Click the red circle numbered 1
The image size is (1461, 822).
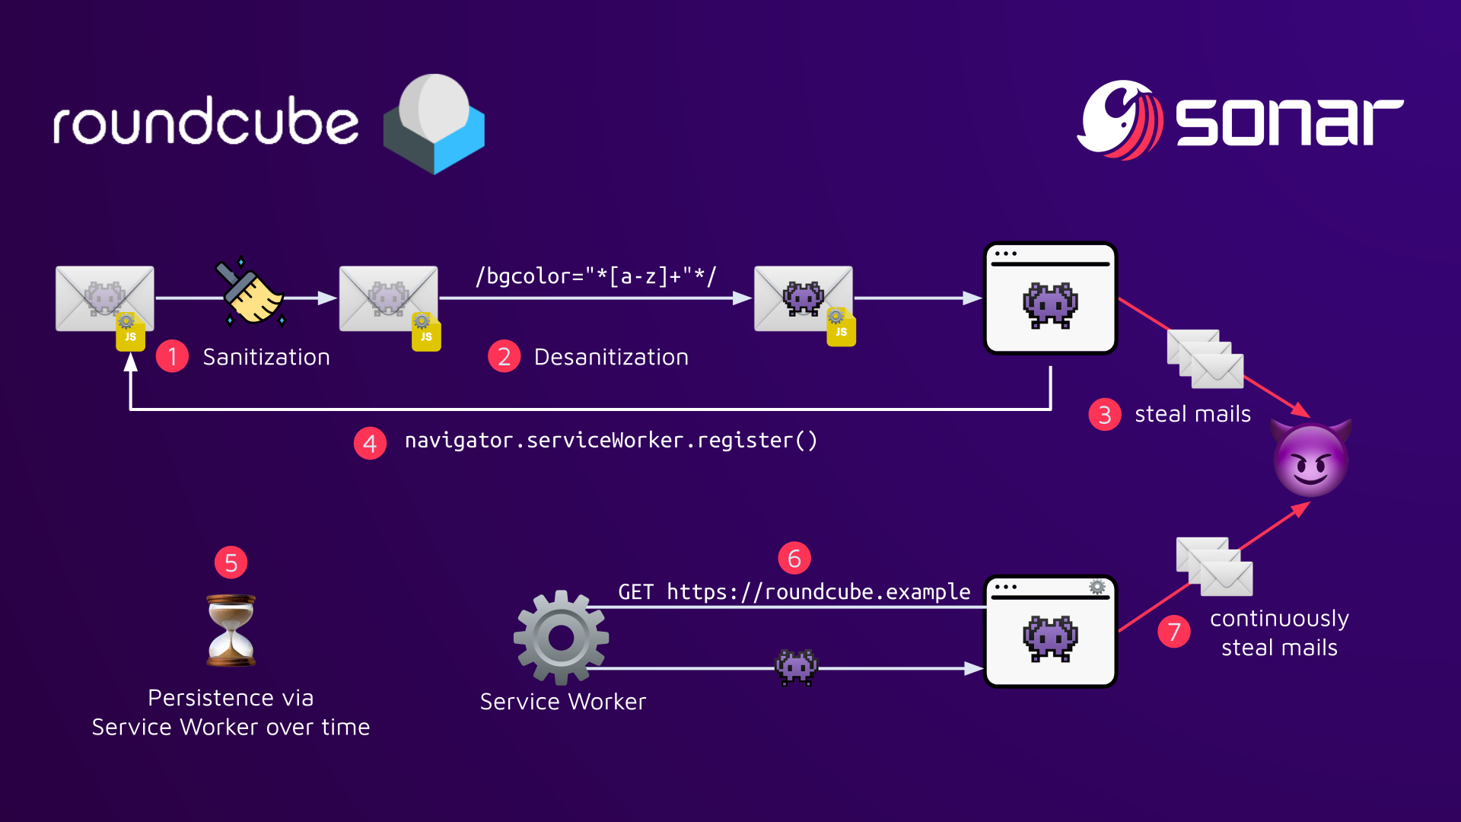click(x=172, y=356)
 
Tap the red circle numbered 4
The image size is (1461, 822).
click(x=370, y=443)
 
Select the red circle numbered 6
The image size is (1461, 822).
click(x=794, y=559)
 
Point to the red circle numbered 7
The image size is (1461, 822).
click(x=1173, y=632)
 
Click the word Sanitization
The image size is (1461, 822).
click(x=266, y=357)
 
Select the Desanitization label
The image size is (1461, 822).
click(x=611, y=357)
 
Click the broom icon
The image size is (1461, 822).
click(x=250, y=293)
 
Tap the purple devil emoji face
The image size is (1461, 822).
click(x=1310, y=458)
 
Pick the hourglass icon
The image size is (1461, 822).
click(x=231, y=631)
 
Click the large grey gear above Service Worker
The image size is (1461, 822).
click(x=561, y=638)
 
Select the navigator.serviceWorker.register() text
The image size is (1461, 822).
click(x=611, y=441)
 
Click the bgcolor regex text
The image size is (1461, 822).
click(x=595, y=276)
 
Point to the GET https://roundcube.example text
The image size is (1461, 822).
click(x=794, y=592)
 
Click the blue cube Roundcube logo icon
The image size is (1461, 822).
click(x=434, y=124)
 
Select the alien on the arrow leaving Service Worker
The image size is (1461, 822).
click(x=796, y=667)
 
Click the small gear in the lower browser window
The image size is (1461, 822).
click(x=1097, y=587)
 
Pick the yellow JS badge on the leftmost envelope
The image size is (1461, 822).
click(x=130, y=333)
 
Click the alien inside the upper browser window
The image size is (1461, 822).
click(x=1050, y=304)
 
